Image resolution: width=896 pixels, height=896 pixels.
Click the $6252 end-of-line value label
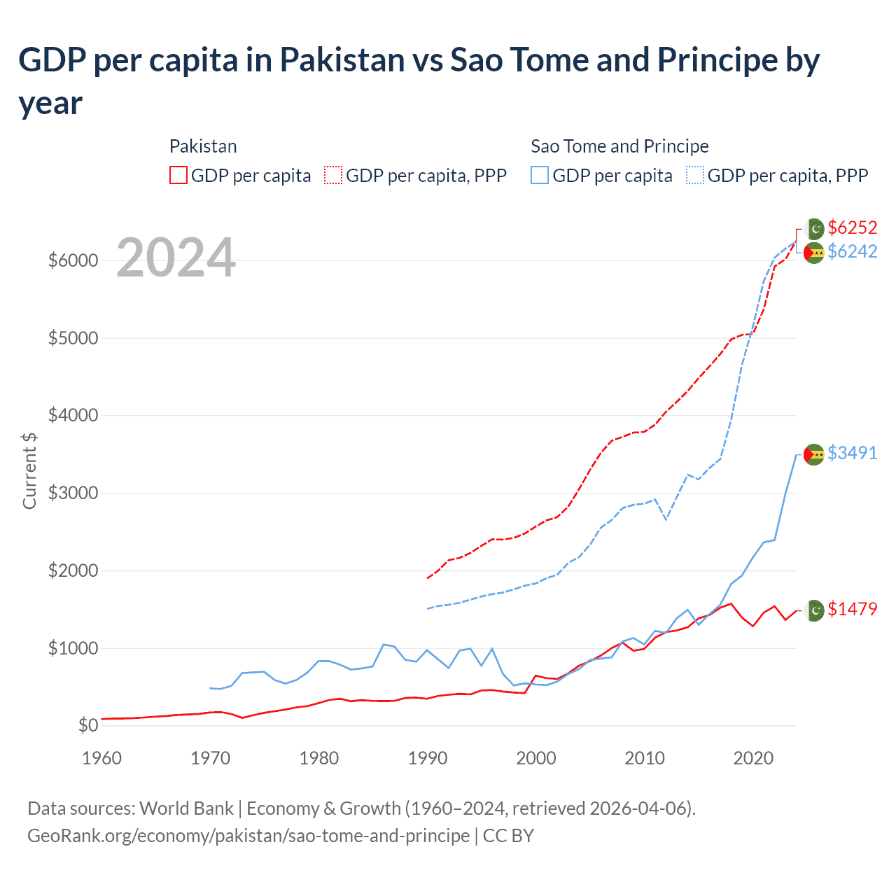click(x=852, y=227)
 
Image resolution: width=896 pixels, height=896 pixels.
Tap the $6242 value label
click(x=852, y=251)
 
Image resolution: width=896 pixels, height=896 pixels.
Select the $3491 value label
click(x=852, y=453)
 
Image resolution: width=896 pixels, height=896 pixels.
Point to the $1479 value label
click(x=852, y=609)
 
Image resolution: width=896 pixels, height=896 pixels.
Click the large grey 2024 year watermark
click(x=176, y=258)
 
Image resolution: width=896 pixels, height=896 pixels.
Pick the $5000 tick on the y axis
click(x=73, y=338)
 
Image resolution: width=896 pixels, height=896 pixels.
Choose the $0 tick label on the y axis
click(x=87, y=725)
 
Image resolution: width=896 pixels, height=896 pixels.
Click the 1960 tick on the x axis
click(x=101, y=758)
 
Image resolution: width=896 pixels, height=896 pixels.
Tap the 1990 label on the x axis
click(x=427, y=758)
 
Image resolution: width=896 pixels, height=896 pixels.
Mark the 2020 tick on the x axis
click(x=752, y=758)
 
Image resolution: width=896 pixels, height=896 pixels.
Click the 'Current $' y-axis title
click(x=29, y=470)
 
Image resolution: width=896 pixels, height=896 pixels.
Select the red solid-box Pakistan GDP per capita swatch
click(x=178, y=175)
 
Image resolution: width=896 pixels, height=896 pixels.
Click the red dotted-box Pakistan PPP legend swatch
click(x=333, y=175)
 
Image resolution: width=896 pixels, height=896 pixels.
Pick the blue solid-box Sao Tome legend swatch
click(x=540, y=175)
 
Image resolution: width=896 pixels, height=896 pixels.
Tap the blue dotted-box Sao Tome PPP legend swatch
click(x=695, y=175)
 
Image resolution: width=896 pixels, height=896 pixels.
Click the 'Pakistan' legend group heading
click(x=203, y=146)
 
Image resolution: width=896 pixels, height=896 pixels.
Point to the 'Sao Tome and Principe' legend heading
click(x=619, y=146)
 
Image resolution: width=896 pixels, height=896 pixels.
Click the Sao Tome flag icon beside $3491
click(x=813, y=454)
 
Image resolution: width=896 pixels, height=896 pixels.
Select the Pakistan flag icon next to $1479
click(x=815, y=610)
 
